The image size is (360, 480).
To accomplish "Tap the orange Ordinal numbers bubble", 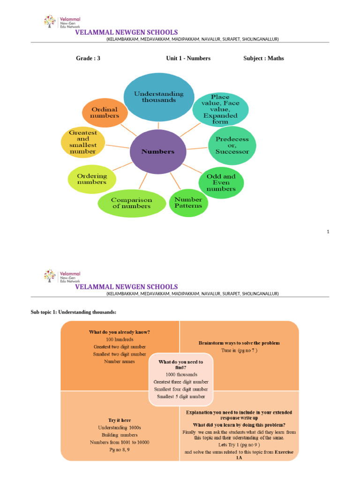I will [x=105, y=112].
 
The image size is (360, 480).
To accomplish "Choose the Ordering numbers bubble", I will [x=92, y=179].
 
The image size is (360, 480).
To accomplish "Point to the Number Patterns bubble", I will [x=188, y=202].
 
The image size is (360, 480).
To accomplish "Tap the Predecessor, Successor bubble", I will [x=232, y=145].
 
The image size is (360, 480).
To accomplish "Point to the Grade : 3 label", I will [x=88, y=58].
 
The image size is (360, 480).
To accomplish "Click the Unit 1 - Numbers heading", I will [x=188, y=58].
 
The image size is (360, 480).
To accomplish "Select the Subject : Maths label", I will [x=263, y=58].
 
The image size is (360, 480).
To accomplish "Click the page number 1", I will [x=328, y=231].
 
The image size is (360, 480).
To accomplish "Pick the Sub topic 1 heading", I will [x=73, y=312].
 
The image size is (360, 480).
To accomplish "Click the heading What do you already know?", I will [x=120, y=332].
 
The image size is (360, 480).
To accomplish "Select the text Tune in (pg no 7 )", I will [x=240, y=350].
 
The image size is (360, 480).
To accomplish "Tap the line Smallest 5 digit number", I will [x=181, y=396].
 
